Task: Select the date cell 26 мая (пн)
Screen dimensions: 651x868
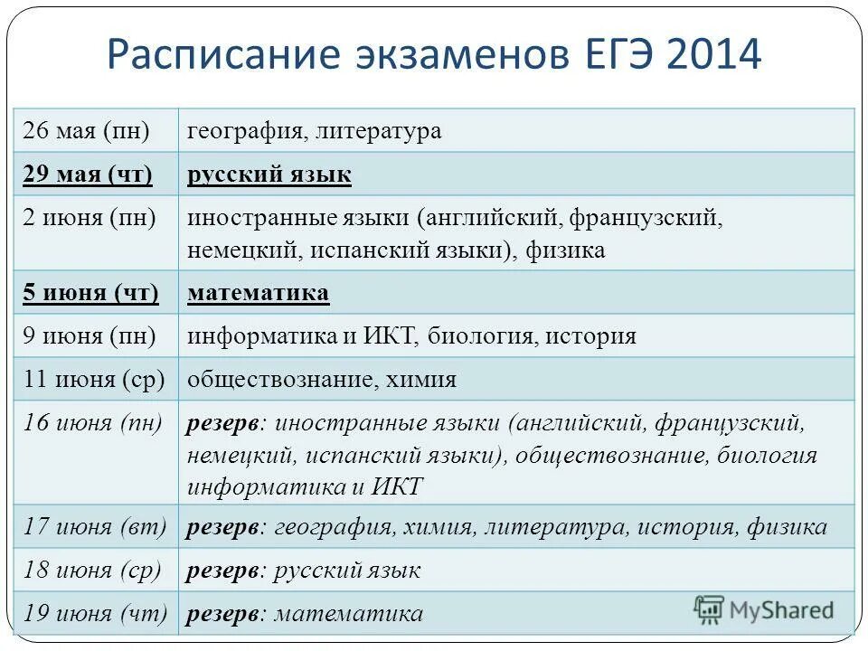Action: click(86, 131)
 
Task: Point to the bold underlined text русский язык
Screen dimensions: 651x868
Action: click(269, 175)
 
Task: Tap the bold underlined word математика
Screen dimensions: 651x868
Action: click(259, 293)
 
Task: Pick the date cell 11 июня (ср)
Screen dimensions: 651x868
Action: click(94, 380)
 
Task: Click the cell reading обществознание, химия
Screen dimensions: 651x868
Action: click(322, 380)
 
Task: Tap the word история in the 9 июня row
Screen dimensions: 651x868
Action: click(596, 336)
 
